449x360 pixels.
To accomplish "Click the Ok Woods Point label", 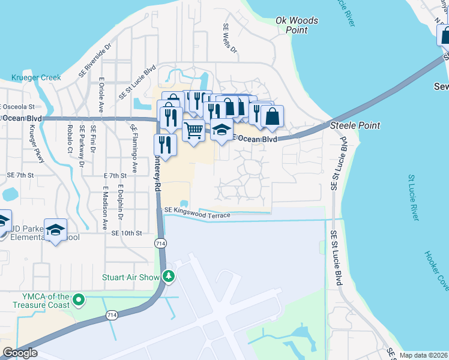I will click(x=297, y=25).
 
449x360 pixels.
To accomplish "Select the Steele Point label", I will click(x=355, y=125).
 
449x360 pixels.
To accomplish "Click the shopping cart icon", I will click(x=193, y=130).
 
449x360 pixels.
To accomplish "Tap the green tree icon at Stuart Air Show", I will click(x=169, y=276).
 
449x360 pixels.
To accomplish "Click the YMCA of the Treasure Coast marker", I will click(x=77, y=299).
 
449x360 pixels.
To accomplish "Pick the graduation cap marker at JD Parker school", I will click(x=56, y=230).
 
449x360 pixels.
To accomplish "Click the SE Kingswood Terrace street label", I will click(x=197, y=212).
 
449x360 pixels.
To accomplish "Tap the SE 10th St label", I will click(x=125, y=233).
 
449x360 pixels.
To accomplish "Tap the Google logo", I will click(x=20, y=353).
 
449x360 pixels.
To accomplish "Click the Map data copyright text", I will click(x=424, y=355).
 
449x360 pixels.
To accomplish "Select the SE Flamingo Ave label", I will click(x=134, y=142).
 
